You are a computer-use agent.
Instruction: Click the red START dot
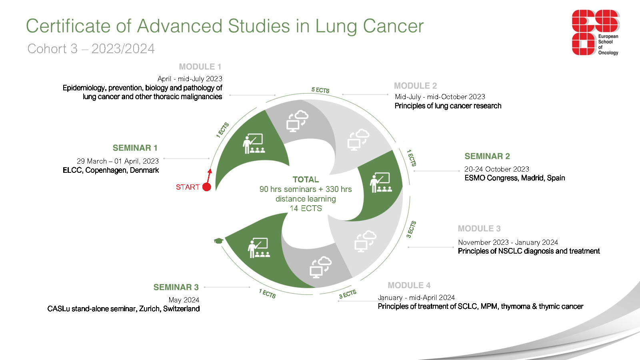(x=206, y=187)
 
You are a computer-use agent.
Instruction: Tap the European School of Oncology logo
(x=596, y=32)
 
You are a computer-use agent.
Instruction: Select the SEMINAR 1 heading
(x=135, y=148)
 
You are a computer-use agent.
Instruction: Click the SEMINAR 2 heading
(x=487, y=156)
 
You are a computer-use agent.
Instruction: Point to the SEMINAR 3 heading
(x=176, y=287)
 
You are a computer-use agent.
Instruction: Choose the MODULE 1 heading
(x=200, y=67)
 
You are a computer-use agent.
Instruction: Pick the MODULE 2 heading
(x=416, y=86)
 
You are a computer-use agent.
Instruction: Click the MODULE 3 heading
(x=479, y=228)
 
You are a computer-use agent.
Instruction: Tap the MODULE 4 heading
(x=409, y=285)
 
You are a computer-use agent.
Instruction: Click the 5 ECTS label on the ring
(x=320, y=90)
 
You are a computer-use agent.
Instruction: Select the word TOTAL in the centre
(x=306, y=180)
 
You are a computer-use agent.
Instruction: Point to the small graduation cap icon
(x=218, y=241)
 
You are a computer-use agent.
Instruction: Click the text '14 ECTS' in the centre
(x=306, y=208)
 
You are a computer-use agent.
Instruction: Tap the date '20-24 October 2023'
(x=496, y=169)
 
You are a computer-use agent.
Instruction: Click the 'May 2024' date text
(x=184, y=300)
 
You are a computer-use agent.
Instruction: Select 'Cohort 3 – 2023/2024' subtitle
(x=91, y=48)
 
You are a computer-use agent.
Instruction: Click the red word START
(x=188, y=187)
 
